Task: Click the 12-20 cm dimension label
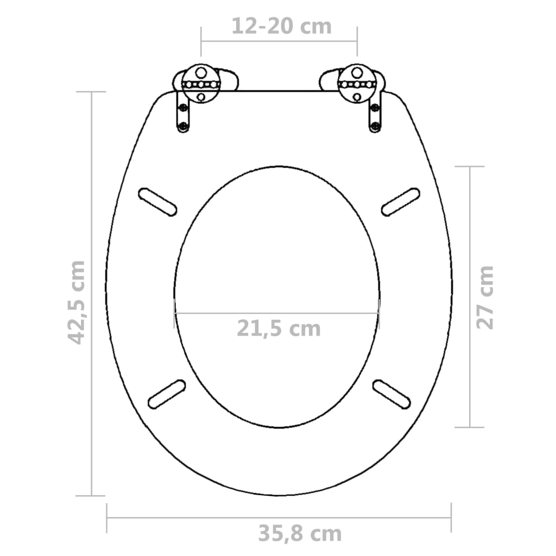281,26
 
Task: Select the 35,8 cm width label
300,534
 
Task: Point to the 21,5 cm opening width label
279,328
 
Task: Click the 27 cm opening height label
485,297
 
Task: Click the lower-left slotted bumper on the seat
167,394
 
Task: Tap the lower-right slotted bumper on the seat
391,393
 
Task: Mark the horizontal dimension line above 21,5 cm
277,313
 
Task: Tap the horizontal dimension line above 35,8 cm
279,517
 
